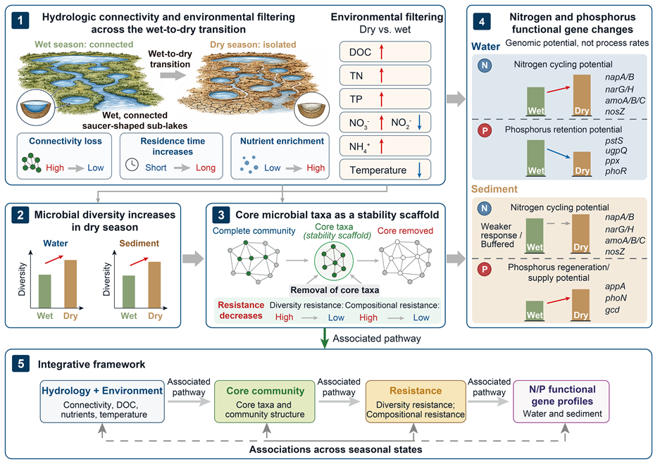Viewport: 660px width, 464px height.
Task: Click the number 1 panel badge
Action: (20, 20)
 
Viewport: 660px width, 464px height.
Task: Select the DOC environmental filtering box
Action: (385, 52)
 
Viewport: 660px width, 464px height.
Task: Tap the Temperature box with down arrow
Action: (385, 170)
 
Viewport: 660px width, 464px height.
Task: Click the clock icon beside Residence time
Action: (132, 165)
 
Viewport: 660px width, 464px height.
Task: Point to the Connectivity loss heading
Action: (66, 142)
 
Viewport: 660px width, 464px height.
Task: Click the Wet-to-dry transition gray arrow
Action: (173, 75)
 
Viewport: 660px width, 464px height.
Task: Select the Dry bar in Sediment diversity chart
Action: (154, 284)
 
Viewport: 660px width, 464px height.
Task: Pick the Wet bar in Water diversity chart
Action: (44, 291)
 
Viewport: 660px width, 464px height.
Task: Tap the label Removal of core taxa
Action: (335, 290)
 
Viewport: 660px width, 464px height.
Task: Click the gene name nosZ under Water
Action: (615, 111)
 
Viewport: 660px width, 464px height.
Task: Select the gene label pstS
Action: (614, 141)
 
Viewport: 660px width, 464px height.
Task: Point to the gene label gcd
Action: (612, 310)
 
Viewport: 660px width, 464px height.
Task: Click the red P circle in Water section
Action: (485, 130)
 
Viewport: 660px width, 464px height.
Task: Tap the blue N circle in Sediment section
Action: (485, 208)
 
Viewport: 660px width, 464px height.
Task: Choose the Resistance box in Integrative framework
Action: (416, 401)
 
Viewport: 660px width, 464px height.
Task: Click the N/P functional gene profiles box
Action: (561, 401)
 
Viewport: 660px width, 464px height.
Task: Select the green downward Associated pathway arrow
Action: (325, 338)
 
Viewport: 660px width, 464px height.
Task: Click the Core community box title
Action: (265, 391)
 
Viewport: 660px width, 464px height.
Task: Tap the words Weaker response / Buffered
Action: (502, 235)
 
